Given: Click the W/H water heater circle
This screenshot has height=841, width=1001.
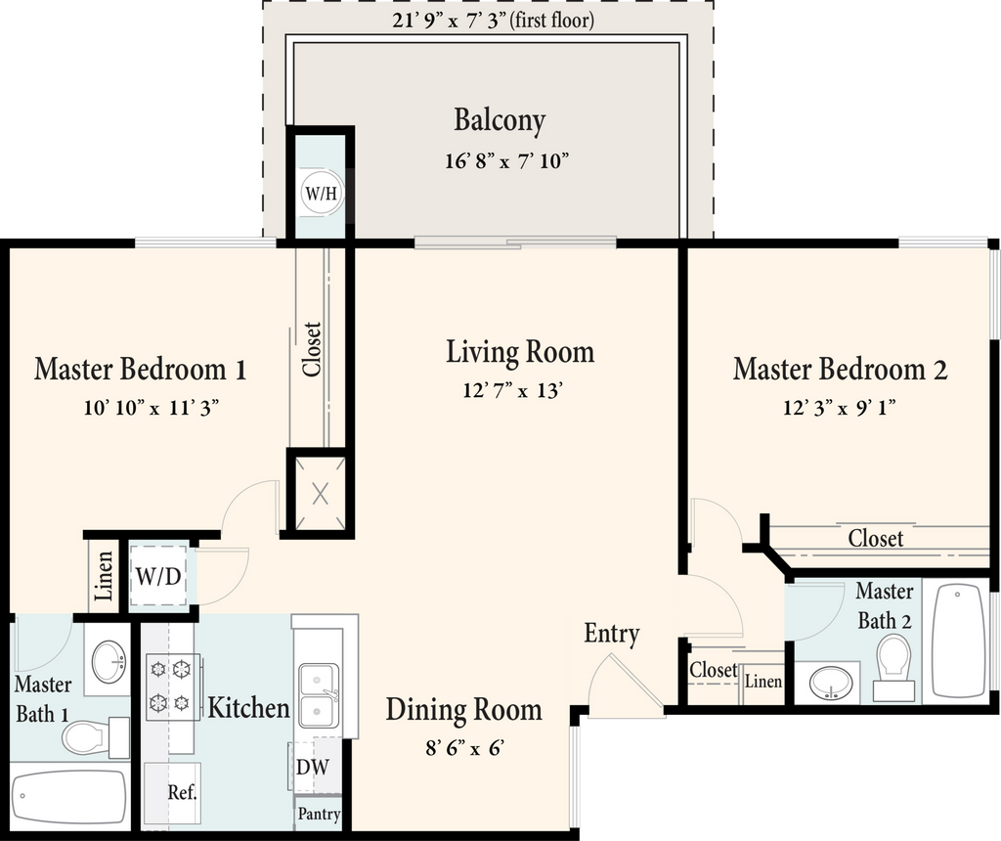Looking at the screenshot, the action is pos(321,193).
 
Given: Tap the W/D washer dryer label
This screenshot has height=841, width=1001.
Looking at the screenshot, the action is pos(158,577).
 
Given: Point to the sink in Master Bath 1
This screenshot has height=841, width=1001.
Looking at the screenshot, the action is pos(109,662).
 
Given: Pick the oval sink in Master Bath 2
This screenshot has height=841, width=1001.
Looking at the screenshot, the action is pos(831,683).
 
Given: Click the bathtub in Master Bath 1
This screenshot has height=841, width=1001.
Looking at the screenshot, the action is pos(69,797).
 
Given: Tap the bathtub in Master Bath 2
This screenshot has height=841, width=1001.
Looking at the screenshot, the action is pos(958,641).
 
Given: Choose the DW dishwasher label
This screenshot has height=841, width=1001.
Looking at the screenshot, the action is pos(313,767).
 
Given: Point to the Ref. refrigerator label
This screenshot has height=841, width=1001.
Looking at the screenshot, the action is pos(182,792).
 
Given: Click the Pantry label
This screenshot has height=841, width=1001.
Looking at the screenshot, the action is pos(319,814).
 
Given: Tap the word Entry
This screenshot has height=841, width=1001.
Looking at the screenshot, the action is pos(612,634).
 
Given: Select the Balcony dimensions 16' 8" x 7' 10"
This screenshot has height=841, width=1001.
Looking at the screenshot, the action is pos(506,160).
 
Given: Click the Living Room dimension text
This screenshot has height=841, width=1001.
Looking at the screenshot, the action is pos(512,389).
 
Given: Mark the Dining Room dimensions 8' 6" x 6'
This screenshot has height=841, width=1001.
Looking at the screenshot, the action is pos(464,747).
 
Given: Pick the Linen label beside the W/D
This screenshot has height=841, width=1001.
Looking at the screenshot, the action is pos(104,577).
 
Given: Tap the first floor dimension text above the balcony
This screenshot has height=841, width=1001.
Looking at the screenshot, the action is pos(493,21).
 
